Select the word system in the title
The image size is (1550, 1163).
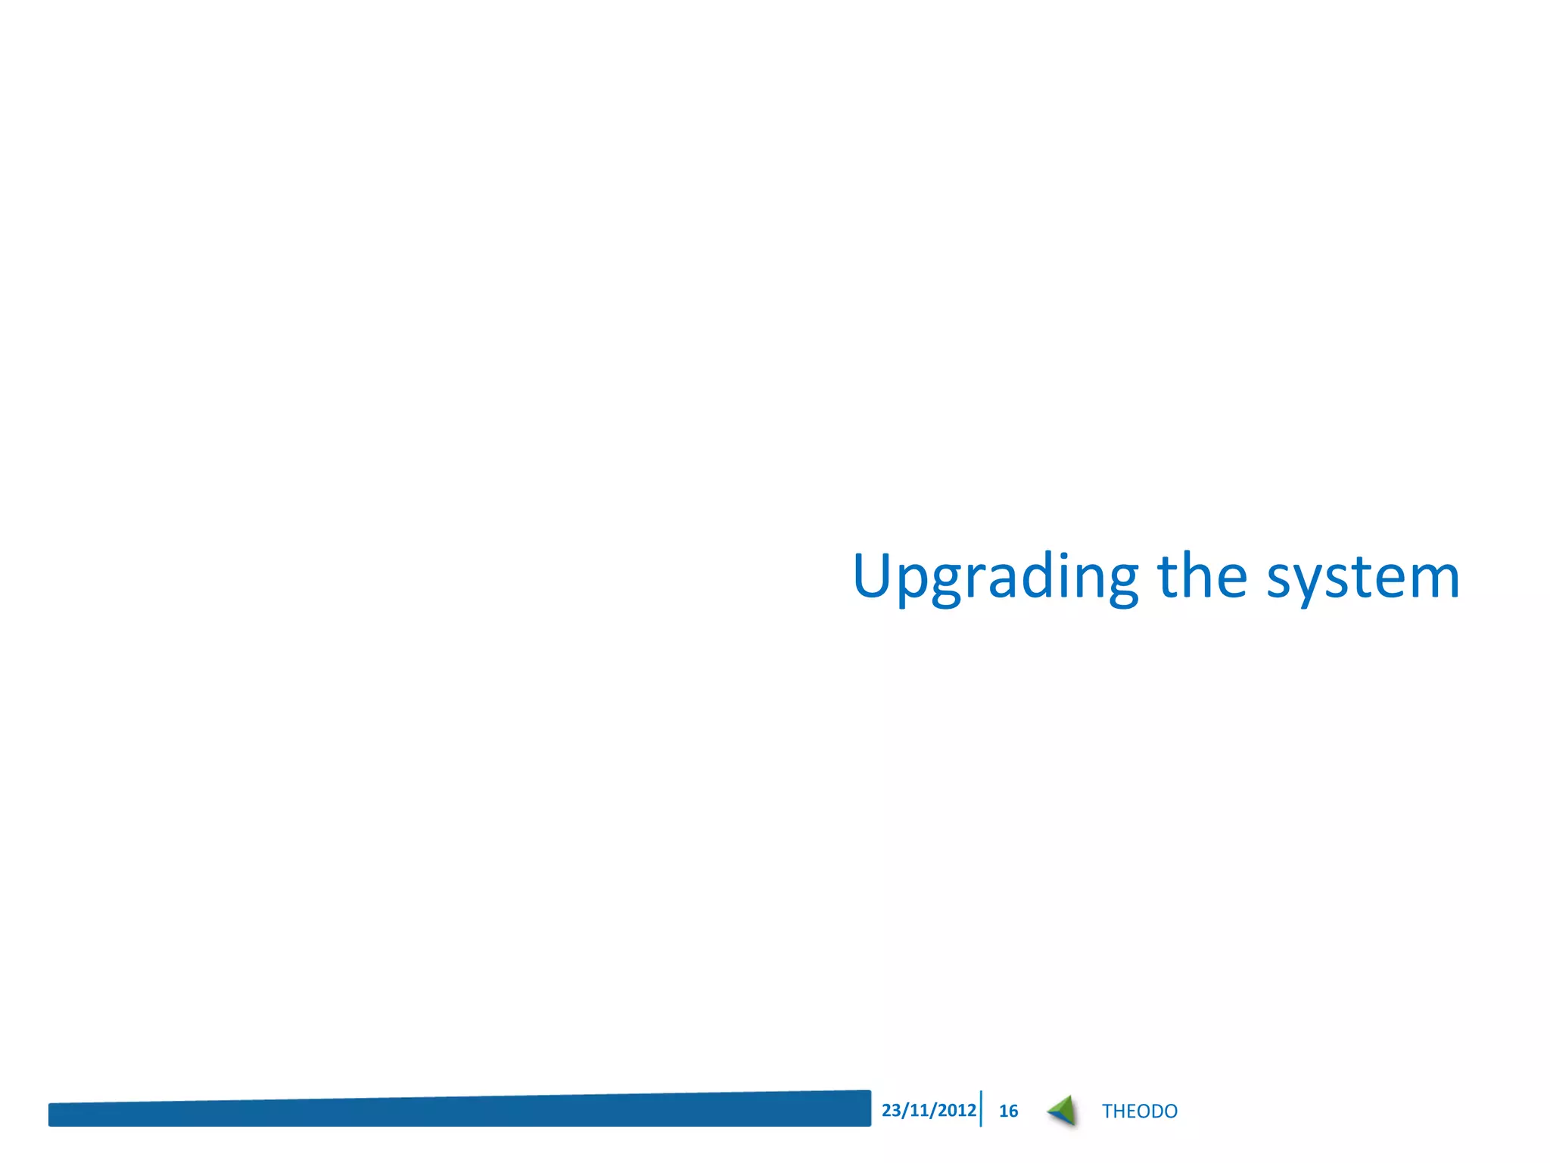[x=1363, y=578]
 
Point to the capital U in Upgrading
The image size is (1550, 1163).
[x=874, y=575]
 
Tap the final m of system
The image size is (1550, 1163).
[x=1432, y=578]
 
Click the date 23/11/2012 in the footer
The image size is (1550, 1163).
[x=929, y=1110]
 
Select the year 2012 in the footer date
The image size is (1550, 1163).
[x=957, y=1110]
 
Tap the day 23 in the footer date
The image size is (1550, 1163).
[x=892, y=1110]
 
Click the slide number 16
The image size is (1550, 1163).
[x=1008, y=1111]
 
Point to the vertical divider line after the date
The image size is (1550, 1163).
[x=981, y=1109]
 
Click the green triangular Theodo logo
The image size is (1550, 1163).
[x=1063, y=1111]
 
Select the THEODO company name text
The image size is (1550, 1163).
[x=1139, y=1111]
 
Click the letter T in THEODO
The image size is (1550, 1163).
[x=1106, y=1111]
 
